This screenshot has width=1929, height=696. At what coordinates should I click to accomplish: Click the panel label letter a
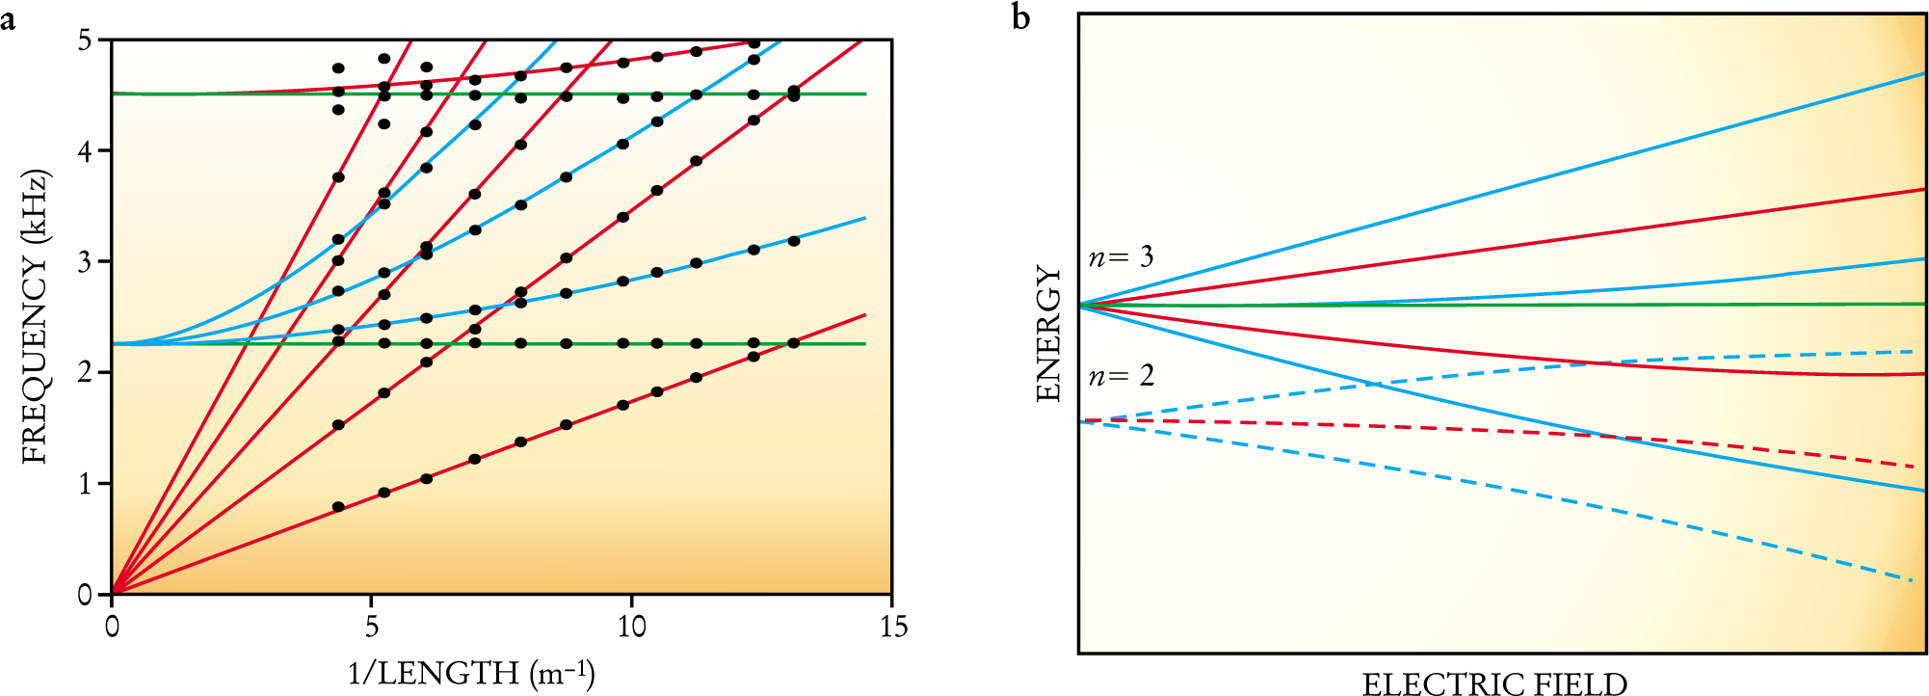pyautogui.click(x=8, y=19)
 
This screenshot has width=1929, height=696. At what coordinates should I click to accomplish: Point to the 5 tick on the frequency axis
pyautogui.click(x=86, y=40)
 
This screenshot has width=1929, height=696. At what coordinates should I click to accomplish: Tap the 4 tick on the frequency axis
pyautogui.click(x=86, y=151)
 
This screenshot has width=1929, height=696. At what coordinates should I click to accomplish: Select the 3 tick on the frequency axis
pyautogui.click(x=86, y=262)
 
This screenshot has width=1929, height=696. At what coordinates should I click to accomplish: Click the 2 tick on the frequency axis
pyautogui.click(x=86, y=373)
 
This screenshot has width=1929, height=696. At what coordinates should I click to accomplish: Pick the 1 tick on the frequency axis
pyautogui.click(x=86, y=484)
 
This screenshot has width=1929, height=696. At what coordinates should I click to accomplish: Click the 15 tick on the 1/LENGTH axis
pyautogui.click(x=893, y=627)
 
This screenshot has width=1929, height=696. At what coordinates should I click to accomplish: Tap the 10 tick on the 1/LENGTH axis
pyautogui.click(x=631, y=627)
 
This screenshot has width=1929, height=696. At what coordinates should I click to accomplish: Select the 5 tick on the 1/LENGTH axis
pyautogui.click(x=372, y=627)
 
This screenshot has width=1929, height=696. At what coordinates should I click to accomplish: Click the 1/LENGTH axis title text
pyautogui.click(x=471, y=672)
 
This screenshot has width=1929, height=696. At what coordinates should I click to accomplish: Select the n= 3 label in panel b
pyautogui.click(x=1121, y=257)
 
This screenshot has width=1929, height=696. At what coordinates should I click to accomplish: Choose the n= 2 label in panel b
pyautogui.click(x=1121, y=376)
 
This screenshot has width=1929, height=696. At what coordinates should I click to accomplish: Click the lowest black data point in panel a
pyautogui.click(x=338, y=507)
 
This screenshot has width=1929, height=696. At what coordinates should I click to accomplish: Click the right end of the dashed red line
pyautogui.click(x=1914, y=467)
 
